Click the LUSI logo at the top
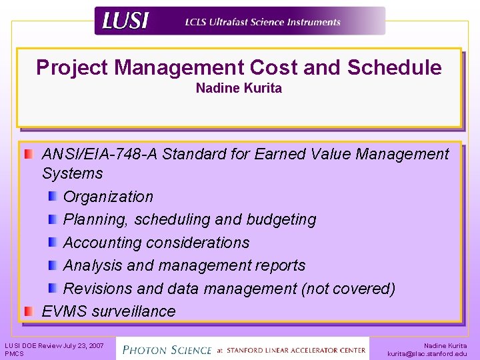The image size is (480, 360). pyautogui.click(x=125, y=21)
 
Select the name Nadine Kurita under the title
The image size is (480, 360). pyautogui.click(x=239, y=88)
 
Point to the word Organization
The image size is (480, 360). pyautogui.click(x=108, y=197)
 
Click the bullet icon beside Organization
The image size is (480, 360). pyautogui.click(x=53, y=196)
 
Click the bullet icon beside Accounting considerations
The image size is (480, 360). pyautogui.click(x=53, y=242)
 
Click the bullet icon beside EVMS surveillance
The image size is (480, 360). pyautogui.click(x=29, y=311)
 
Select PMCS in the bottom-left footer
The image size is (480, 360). pyautogui.click(x=14, y=353)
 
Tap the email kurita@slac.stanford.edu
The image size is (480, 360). pyautogui.click(x=427, y=353)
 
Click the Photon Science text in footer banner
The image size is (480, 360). pyautogui.click(x=167, y=349)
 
